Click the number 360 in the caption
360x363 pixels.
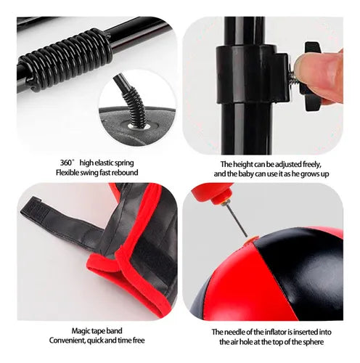point(65,163)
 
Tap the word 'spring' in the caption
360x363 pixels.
point(124,163)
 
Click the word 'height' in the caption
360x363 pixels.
point(244,164)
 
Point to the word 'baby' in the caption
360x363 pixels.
point(246,174)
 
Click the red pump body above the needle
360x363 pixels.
point(210,192)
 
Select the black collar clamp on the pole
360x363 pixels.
point(252,74)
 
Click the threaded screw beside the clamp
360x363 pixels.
point(293,75)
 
